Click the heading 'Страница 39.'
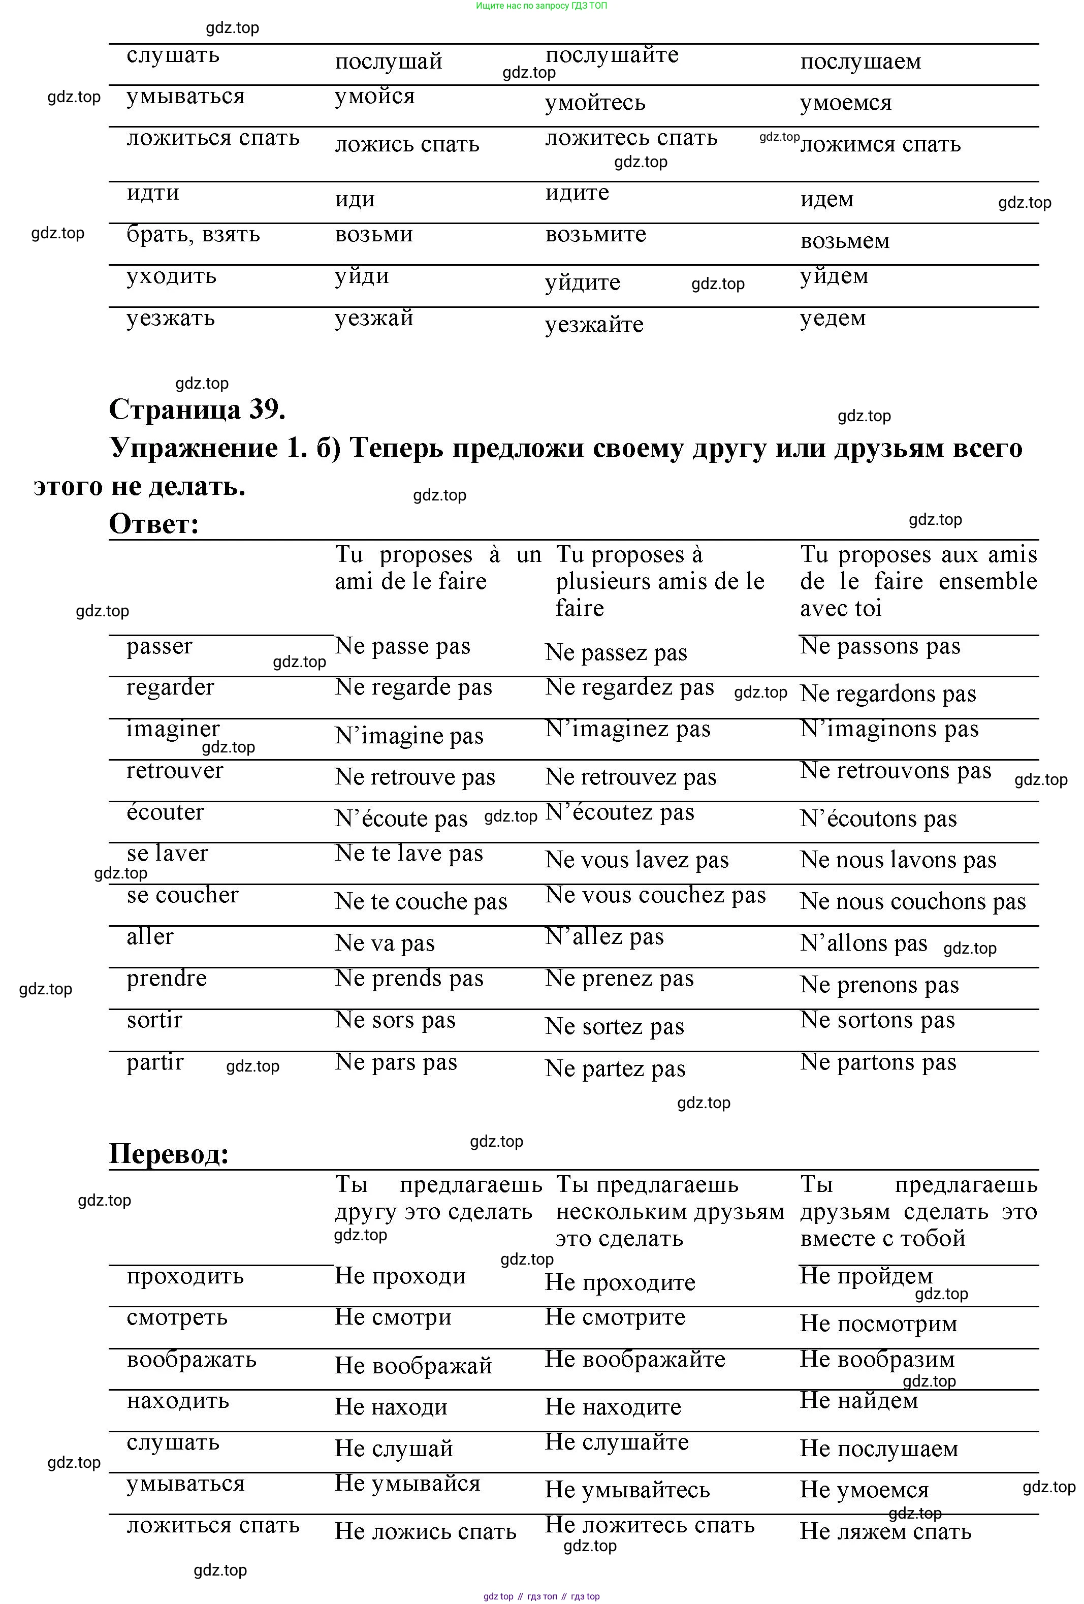pos(197,410)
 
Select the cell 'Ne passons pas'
pos(880,647)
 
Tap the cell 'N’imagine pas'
pos(409,736)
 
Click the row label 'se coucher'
pos(182,895)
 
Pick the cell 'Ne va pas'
pos(385,943)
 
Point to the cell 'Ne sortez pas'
pos(614,1026)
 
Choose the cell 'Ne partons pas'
pos(878,1062)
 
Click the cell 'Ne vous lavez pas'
pos(636,860)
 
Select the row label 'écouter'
pos(165,812)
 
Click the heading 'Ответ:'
pos(154,524)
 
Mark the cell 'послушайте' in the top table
pos(612,55)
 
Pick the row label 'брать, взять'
pos(193,235)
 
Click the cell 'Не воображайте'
pos(635,1359)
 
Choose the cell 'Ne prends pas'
pos(409,979)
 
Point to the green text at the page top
pos(541,6)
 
